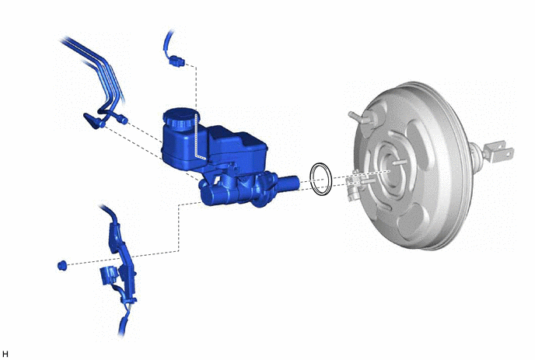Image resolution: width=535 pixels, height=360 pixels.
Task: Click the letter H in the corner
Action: [5, 355]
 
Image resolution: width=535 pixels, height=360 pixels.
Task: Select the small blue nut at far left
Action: [62, 265]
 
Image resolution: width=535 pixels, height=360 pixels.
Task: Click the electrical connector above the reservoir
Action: [177, 61]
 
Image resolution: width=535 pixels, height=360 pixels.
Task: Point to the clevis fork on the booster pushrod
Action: [498, 152]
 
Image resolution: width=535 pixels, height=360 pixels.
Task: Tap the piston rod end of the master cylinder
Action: [288, 183]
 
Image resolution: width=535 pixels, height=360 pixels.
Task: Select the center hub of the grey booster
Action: [393, 168]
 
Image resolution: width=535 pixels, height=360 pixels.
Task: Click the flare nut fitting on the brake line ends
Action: [122, 119]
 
